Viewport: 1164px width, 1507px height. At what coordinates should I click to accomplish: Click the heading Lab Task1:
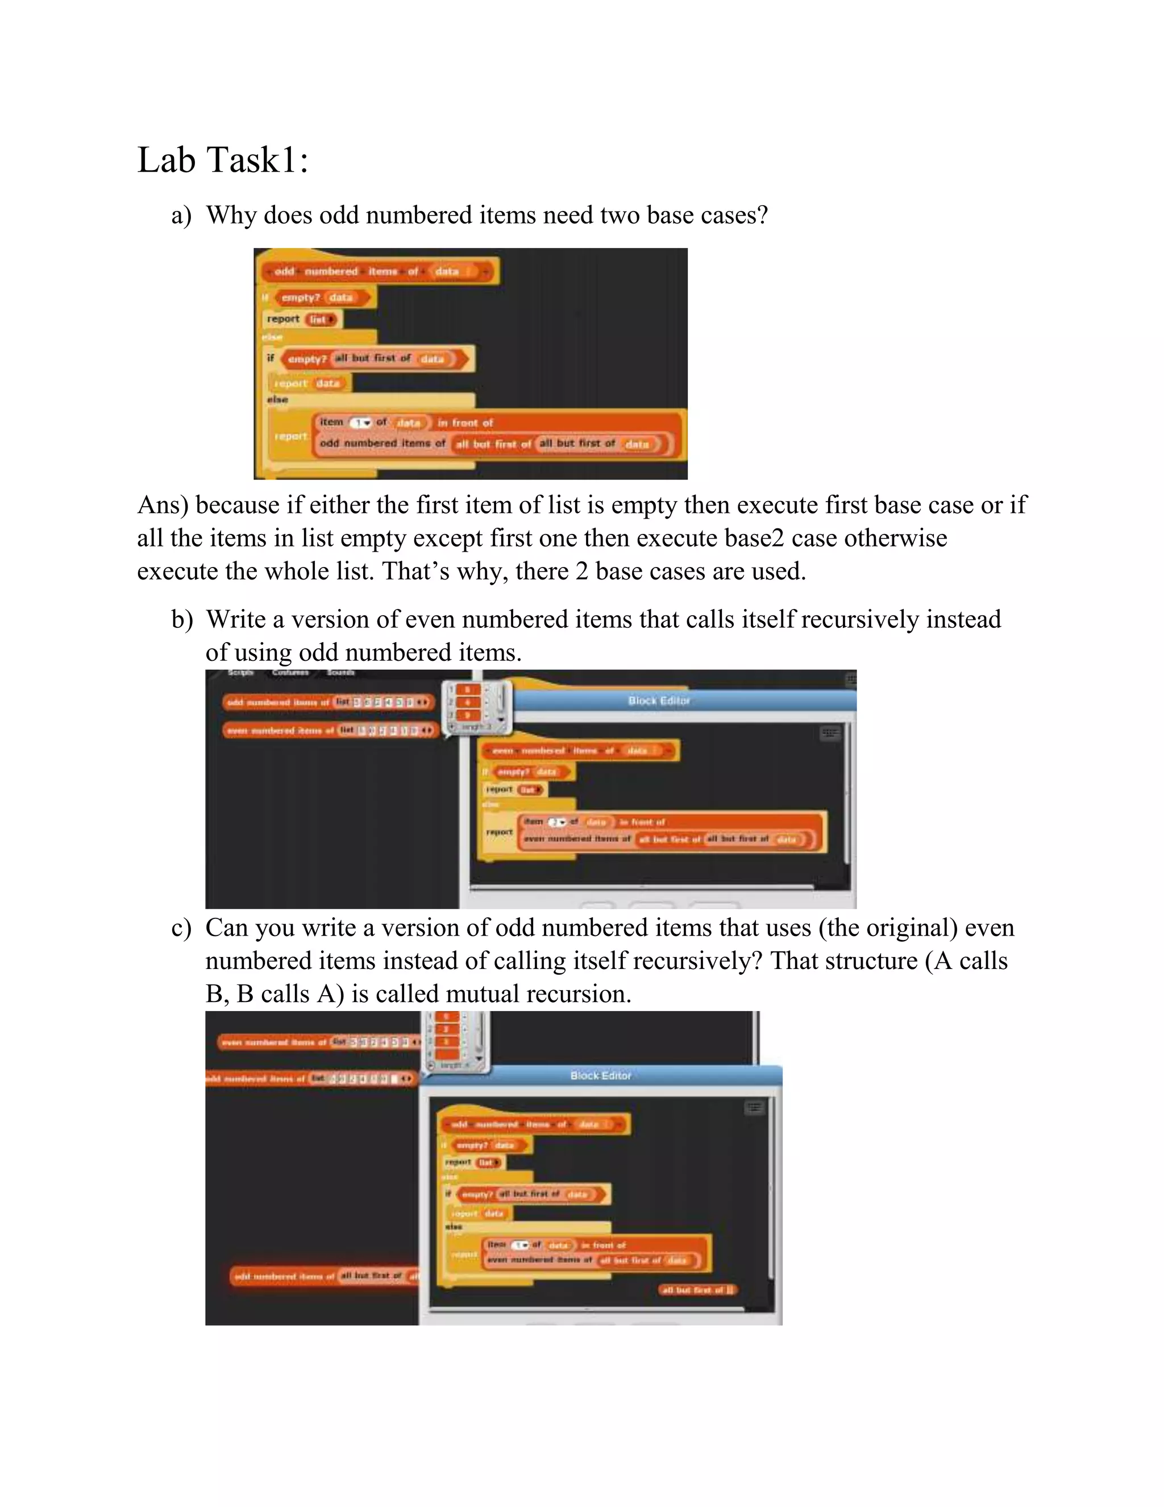(x=223, y=160)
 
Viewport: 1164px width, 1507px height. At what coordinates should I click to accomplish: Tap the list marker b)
(x=182, y=619)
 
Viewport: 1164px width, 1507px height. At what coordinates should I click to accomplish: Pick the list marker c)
(x=181, y=928)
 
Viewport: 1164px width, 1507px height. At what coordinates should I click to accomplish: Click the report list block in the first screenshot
(x=302, y=319)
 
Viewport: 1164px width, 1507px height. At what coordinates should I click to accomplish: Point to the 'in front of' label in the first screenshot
(x=465, y=423)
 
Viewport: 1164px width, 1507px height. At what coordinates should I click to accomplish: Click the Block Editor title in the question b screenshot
(x=659, y=701)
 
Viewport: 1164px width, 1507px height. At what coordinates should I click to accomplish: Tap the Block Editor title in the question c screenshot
(x=601, y=1075)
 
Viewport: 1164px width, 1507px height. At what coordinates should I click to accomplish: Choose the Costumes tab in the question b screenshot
(x=290, y=672)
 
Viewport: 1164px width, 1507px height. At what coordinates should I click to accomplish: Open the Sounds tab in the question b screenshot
(x=340, y=672)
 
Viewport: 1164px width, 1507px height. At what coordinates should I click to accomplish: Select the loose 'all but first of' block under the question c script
(x=698, y=1289)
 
